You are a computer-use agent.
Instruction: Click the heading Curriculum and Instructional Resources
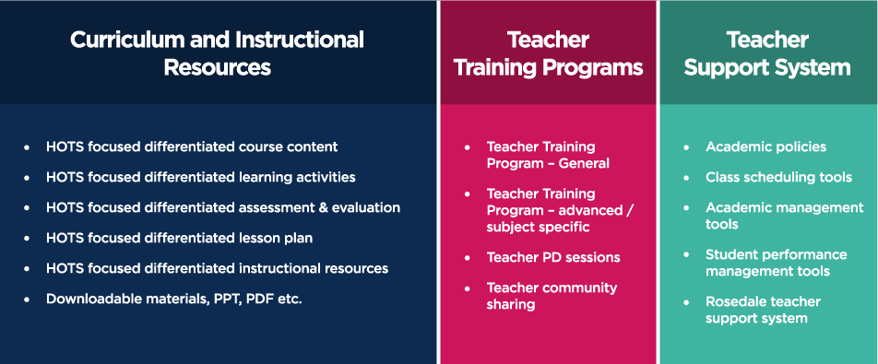pos(218,53)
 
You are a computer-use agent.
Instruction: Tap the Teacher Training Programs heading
pos(548,53)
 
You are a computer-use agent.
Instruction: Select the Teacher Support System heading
pos(767,53)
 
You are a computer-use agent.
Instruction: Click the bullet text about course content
pos(192,147)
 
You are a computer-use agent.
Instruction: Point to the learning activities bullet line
pos(200,177)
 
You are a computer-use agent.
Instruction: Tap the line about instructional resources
pos(218,268)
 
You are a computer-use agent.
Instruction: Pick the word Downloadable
pos(89,299)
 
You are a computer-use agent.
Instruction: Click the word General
pos(584,164)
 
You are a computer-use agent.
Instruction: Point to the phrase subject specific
pos(538,228)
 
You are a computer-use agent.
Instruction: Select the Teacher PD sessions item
pos(553,258)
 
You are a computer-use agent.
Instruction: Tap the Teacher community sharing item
pos(552,296)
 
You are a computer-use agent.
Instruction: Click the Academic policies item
pos(766,147)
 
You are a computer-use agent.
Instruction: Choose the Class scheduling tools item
pos(779,177)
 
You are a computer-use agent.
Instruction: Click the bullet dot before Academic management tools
pos(686,208)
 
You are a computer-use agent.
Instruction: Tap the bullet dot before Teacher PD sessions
pos(468,258)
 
